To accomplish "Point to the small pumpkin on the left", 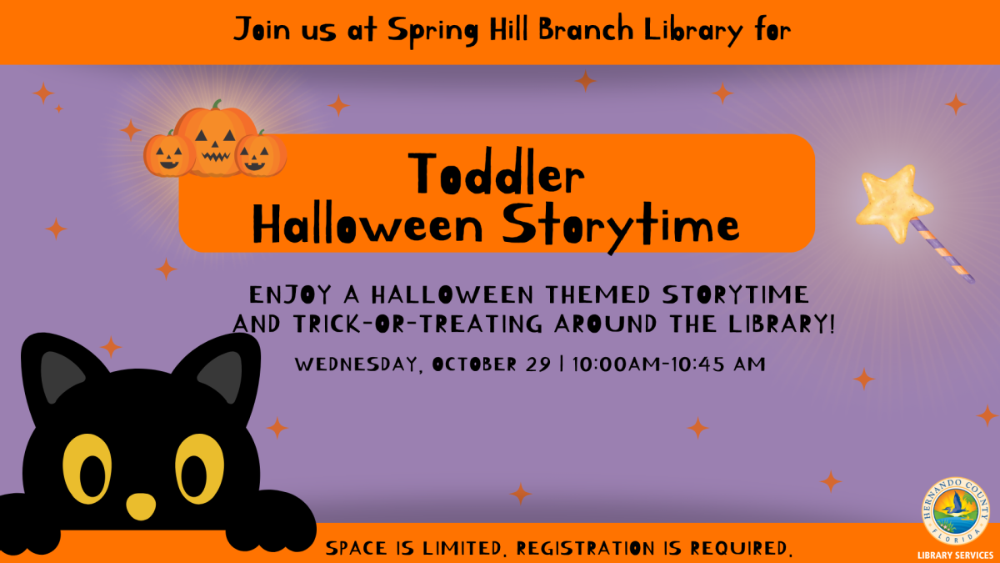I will pos(169,155).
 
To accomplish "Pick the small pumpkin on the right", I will pos(260,154).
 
